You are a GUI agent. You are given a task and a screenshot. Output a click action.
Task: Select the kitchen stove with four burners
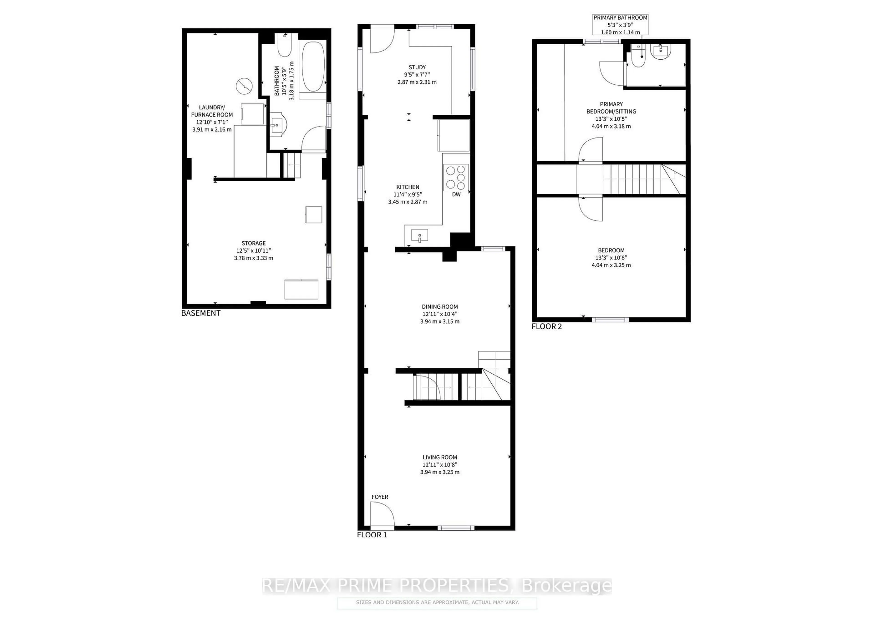tap(456, 177)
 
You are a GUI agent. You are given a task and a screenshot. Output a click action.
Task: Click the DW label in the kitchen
tap(456, 195)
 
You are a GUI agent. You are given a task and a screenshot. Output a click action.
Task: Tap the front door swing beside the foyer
tap(382, 514)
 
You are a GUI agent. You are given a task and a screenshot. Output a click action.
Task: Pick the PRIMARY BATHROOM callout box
tap(620, 25)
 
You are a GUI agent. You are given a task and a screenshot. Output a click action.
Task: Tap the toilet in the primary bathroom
tap(638, 57)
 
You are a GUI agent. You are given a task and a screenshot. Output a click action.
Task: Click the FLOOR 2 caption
tap(546, 327)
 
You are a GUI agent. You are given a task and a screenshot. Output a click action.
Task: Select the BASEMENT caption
tap(201, 313)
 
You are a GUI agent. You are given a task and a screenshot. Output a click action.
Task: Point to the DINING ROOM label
tap(440, 307)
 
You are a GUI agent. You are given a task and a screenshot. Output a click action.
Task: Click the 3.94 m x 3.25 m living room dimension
tap(440, 472)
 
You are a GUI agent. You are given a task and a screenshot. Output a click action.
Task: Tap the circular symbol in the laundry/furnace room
tap(244, 86)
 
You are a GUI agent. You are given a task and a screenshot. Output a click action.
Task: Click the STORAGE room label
tap(254, 243)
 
